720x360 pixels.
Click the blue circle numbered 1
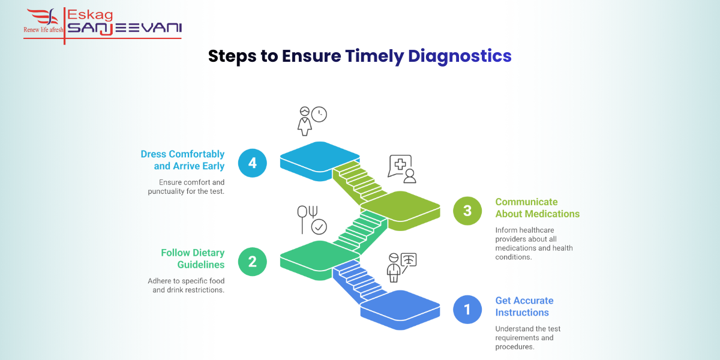[467, 310]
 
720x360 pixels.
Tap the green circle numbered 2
[253, 261]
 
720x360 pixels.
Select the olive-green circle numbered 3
[467, 211]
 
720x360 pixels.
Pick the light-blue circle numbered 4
[253, 163]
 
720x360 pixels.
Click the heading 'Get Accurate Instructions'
[524, 307]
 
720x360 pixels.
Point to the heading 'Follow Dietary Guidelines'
[192, 259]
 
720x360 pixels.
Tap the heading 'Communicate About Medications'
[537, 208]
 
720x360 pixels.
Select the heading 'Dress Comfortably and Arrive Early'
[182, 160]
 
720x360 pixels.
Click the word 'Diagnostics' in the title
[460, 56]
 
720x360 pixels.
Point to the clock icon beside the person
[319, 115]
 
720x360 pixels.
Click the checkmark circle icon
[319, 227]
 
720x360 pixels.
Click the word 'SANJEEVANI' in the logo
[124, 28]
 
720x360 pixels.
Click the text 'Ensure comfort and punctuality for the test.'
[186, 187]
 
